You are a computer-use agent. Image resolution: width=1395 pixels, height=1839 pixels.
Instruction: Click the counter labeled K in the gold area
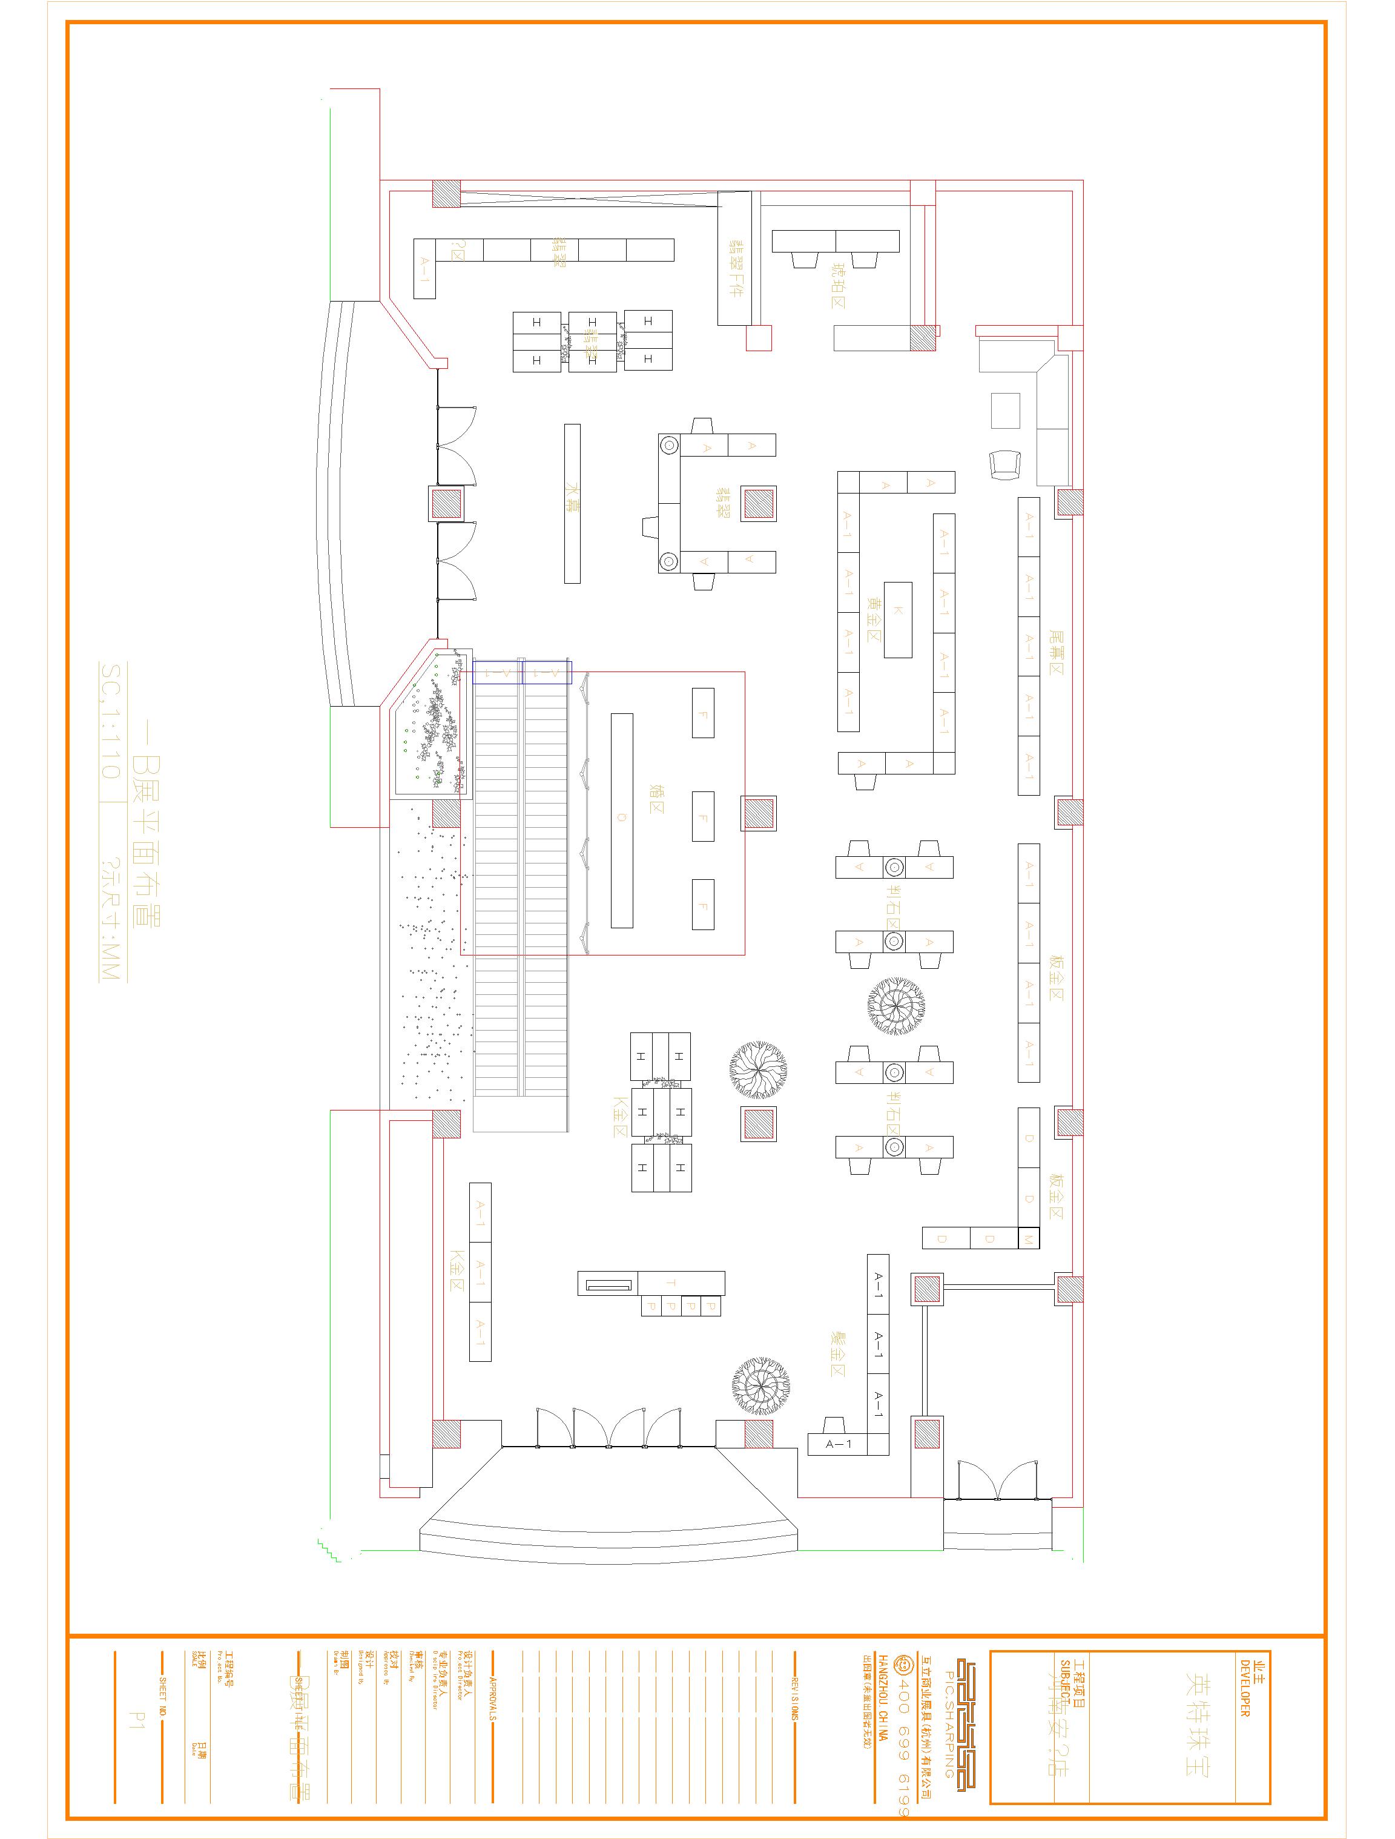tap(898, 619)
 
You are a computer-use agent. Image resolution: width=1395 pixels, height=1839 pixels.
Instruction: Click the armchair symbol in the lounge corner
tap(1004, 464)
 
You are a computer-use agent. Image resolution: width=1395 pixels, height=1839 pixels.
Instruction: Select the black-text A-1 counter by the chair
tap(838, 1444)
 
